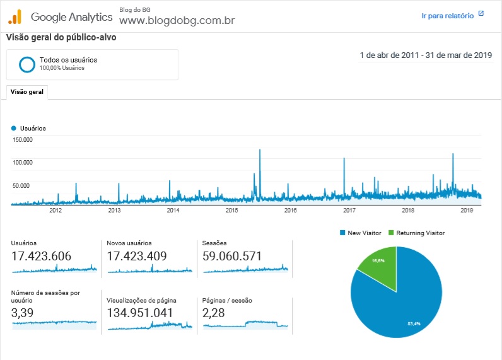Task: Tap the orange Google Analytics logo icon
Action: click(x=15, y=16)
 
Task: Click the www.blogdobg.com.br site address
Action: click(x=177, y=20)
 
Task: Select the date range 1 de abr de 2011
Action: click(x=389, y=55)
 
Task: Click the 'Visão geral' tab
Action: click(x=27, y=92)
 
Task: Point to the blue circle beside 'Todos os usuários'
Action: click(x=27, y=64)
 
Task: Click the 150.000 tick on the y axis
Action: click(x=23, y=139)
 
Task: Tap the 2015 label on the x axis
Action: click(x=232, y=210)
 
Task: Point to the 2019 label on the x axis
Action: click(x=467, y=210)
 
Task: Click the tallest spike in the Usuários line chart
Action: click(x=260, y=150)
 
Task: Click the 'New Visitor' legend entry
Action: click(x=361, y=233)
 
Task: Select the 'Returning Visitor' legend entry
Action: click(x=416, y=233)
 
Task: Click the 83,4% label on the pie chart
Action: click(x=414, y=324)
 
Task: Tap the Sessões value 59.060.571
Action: click(x=232, y=256)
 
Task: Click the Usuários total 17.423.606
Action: click(x=41, y=256)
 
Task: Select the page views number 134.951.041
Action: click(x=139, y=313)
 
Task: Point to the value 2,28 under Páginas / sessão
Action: click(x=213, y=313)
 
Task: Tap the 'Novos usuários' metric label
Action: click(x=129, y=243)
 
